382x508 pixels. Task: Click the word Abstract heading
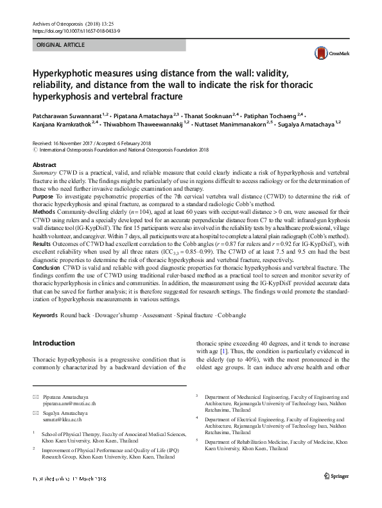[44, 165]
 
